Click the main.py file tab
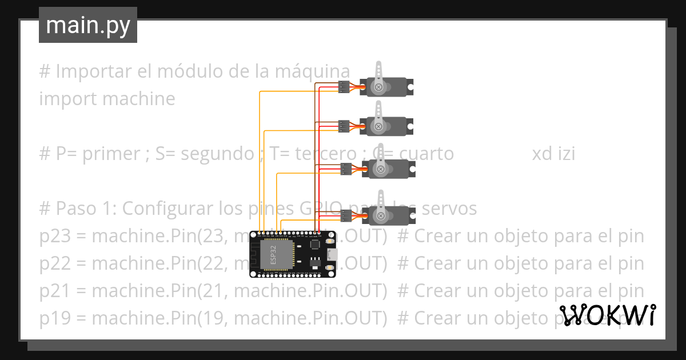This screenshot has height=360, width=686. (87, 25)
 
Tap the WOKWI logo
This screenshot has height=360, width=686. (607, 315)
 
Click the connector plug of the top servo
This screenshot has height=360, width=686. (343, 87)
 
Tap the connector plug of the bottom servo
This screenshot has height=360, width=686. (346, 215)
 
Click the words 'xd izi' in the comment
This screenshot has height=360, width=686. (553, 154)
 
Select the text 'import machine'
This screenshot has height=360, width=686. (107, 99)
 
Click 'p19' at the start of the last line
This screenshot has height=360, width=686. (54, 318)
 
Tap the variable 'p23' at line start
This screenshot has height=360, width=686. (54, 236)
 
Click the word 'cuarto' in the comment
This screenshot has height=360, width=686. (426, 154)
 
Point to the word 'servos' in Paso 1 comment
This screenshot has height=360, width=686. (449, 209)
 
